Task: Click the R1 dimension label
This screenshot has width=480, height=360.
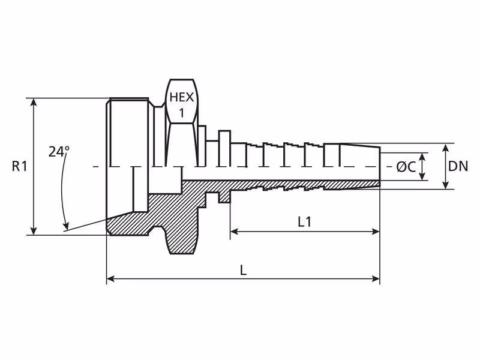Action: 20,166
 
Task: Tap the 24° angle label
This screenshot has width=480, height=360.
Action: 59,151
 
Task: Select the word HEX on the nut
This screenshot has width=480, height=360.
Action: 182,97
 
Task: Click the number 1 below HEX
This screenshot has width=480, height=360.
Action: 182,113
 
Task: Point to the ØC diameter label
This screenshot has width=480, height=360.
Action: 406,167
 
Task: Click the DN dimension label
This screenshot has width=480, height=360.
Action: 458,166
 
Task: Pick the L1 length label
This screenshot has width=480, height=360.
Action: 305,221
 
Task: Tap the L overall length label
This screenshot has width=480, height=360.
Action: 243,271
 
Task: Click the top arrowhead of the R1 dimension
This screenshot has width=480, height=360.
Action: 34,102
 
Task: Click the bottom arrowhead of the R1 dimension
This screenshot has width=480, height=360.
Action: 34,231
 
